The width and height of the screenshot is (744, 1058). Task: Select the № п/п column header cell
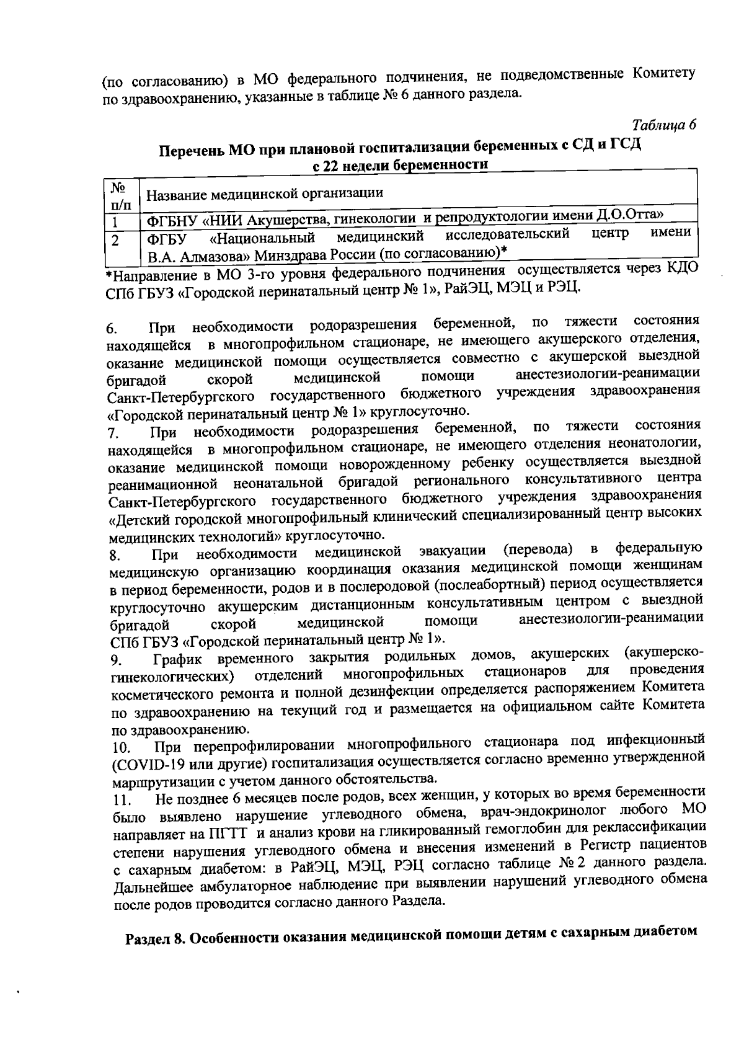pyautogui.click(x=120, y=194)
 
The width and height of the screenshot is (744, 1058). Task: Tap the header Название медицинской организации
pyautogui.click(x=265, y=193)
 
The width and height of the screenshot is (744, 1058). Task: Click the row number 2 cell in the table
pyautogui.click(x=116, y=239)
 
